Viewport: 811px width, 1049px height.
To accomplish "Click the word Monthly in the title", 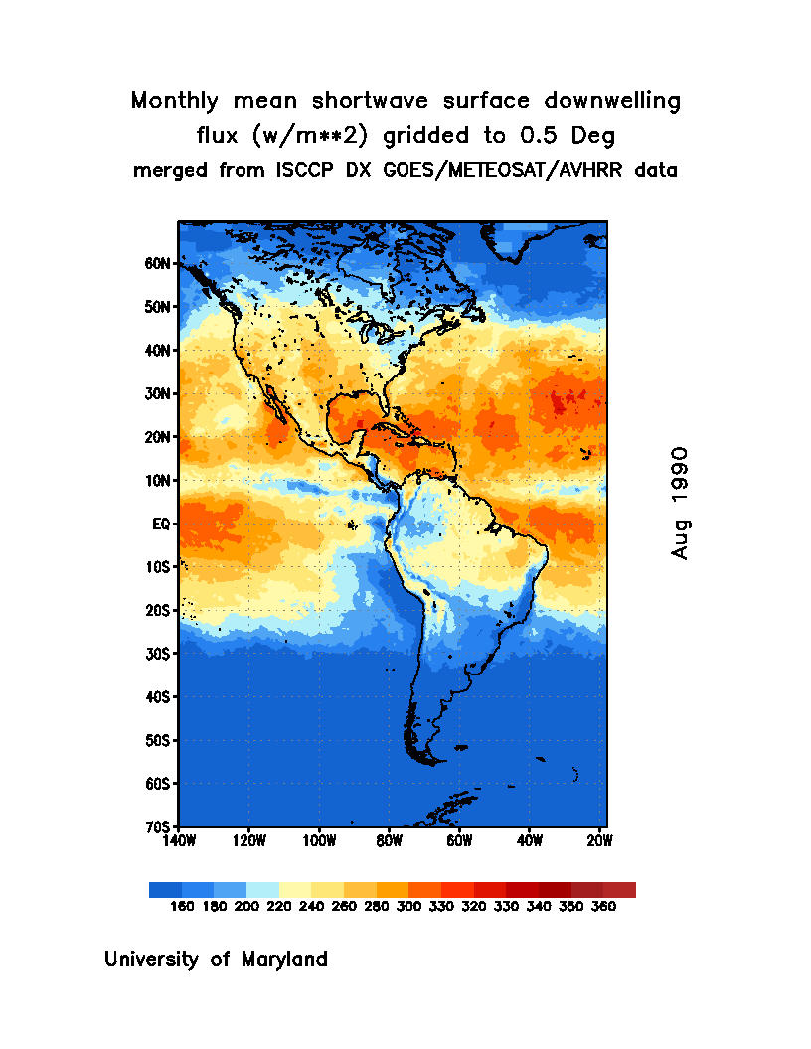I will [x=176, y=101].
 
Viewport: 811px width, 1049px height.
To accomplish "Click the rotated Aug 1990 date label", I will [x=680, y=503].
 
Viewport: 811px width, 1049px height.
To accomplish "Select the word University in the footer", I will [x=153, y=960].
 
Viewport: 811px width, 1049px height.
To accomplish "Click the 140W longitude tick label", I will [x=179, y=840].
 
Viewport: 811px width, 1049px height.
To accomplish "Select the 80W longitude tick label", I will [x=389, y=840].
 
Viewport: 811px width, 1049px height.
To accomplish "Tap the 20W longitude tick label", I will [x=599, y=840].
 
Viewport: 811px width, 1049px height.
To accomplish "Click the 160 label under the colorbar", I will [x=181, y=907].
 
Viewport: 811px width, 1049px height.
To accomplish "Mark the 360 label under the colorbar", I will [x=603, y=907].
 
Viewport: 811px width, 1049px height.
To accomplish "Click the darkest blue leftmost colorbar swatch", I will [x=165, y=890].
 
